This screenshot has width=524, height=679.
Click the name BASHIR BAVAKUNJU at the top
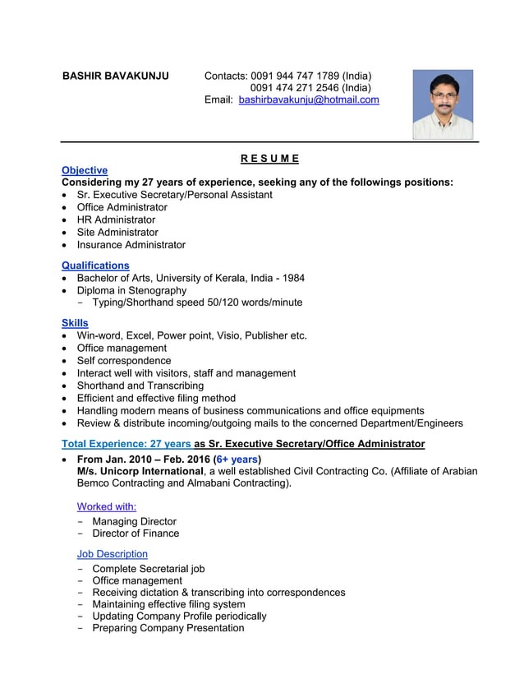116,76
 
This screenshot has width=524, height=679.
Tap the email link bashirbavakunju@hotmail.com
309,99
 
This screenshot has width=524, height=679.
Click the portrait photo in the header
443,104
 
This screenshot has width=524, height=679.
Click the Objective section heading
85,170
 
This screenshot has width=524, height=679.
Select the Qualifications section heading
95,266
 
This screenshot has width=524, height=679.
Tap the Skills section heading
75,323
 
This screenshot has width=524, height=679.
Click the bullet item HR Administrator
116,219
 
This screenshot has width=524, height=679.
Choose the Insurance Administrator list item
131,245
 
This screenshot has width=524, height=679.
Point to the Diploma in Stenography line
131,290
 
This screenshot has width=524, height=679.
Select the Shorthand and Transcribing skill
140,386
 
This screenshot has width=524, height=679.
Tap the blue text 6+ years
237,459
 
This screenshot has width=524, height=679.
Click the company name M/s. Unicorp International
140,471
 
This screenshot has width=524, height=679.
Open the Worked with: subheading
106,506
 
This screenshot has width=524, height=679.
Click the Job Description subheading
112,554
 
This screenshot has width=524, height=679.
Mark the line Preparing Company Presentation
168,628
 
